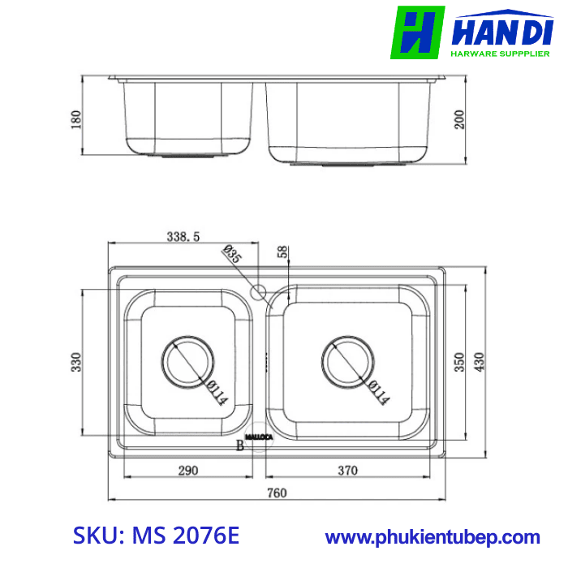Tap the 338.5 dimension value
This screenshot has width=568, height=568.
(183, 237)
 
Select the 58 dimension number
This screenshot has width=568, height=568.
(282, 253)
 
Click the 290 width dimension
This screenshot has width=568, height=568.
(188, 470)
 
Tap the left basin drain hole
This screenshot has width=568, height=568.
(186, 361)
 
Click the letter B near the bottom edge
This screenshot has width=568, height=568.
(239, 445)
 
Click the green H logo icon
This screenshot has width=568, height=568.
(417, 32)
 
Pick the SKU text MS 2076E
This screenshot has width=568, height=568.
(157, 536)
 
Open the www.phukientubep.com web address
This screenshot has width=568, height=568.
(432, 537)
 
